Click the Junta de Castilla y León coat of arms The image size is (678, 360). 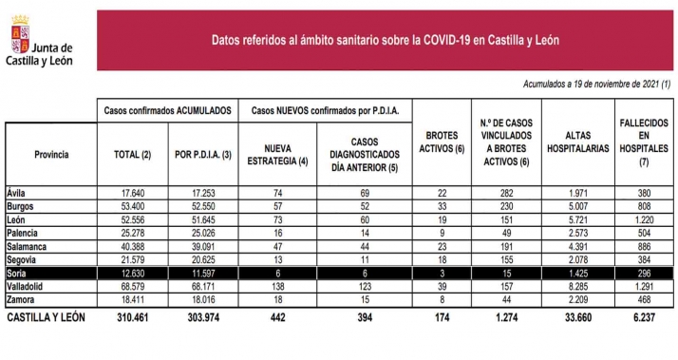tap(17, 41)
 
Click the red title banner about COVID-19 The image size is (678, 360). tap(385, 40)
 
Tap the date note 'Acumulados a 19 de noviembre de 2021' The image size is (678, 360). tap(597, 85)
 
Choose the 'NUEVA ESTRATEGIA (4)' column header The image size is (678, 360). tap(278, 154)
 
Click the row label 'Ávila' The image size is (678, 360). tap(17, 192)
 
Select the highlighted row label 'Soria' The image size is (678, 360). tap(18, 273)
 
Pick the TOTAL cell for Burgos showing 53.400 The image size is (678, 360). tap(128, 205)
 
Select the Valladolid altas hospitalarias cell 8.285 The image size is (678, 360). tap(579, 286)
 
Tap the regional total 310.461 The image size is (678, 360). tap(127, 317)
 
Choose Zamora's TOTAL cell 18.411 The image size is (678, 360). tap(128, 299)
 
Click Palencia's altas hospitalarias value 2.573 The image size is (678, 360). tap(579, 232)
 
